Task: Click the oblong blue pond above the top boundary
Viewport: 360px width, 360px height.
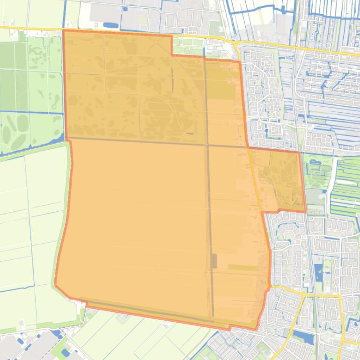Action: (x=111, y=25)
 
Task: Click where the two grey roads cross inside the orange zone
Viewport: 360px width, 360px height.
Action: (x=207, y=144)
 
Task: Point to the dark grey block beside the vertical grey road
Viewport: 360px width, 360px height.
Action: (x=214, y=261)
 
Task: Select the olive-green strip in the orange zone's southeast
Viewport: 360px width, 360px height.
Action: (x=243, y=268)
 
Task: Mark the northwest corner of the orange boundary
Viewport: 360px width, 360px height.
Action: (x=63, y=30)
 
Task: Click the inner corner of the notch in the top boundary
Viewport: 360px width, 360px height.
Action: (x=172, y=55)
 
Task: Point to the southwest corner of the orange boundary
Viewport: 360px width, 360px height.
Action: (x=56, y=284)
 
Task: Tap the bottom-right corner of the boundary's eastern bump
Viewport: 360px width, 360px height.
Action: (x=306, y=212)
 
